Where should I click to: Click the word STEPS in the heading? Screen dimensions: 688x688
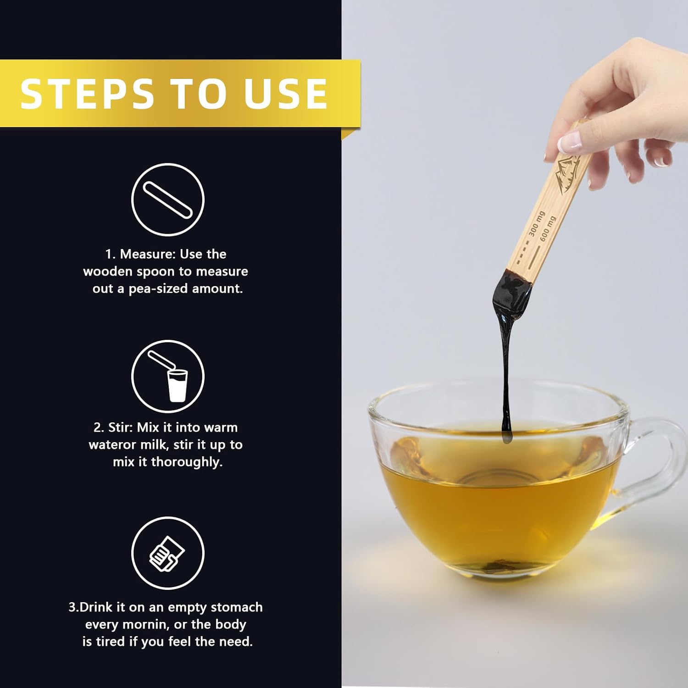(x=87, y=94)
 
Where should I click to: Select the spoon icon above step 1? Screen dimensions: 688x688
(x=168, y=200)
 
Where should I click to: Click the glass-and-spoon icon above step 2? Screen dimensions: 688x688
(x=168, y=376)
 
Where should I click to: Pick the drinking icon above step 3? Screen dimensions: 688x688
(x=168, y=553)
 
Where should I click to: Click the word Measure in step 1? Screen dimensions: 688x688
(x=146, y=254)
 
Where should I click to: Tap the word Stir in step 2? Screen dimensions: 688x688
(x=120, y=427)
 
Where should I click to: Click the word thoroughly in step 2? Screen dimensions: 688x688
(x=187, y=462)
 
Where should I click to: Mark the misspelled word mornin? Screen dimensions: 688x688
(x=142, y=625)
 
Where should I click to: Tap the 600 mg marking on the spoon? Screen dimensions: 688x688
(x=548, y=228)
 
